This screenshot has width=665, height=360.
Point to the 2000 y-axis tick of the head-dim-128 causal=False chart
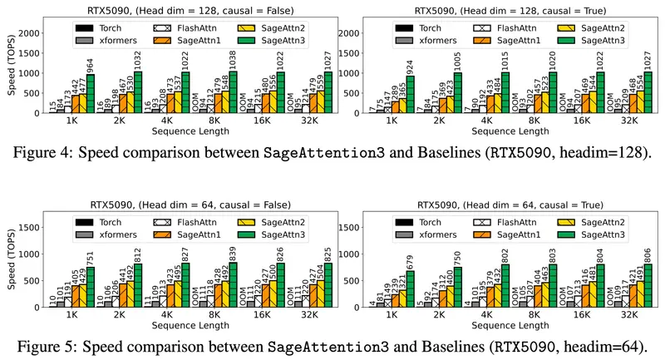point(31,32)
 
